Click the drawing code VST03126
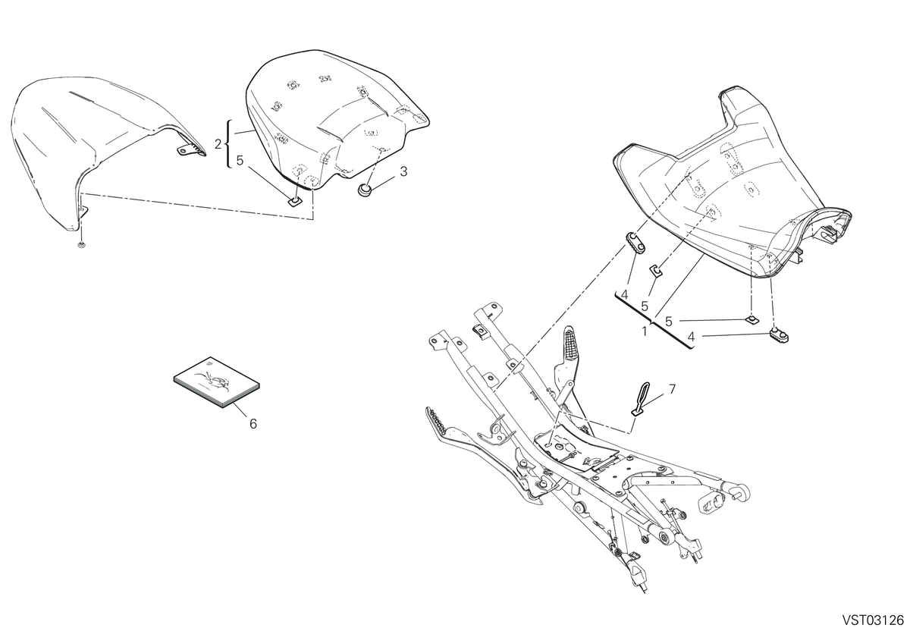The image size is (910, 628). click(x=872, y=620)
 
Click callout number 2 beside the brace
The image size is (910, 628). click(x=218, y=144)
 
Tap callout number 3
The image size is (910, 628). click(x=403, y=171)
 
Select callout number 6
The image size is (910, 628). click(x=253, y=424)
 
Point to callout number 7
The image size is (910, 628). click(x=672, y=389)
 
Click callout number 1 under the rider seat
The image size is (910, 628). click(x=645, y=331)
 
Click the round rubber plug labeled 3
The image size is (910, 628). click(x=364, y=189)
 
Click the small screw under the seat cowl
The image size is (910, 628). click(x=82, y=244)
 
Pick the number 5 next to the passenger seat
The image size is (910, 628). click(x=240, y=161)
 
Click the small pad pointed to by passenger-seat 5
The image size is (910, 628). click(x=294, y=200)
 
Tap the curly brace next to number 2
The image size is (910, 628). click(x=229, y=144)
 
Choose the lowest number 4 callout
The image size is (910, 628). click(x=691, y=336)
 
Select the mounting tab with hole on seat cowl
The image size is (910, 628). click(x=187, y=150)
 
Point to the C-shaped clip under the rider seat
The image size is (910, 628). click(x=657, y=269)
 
